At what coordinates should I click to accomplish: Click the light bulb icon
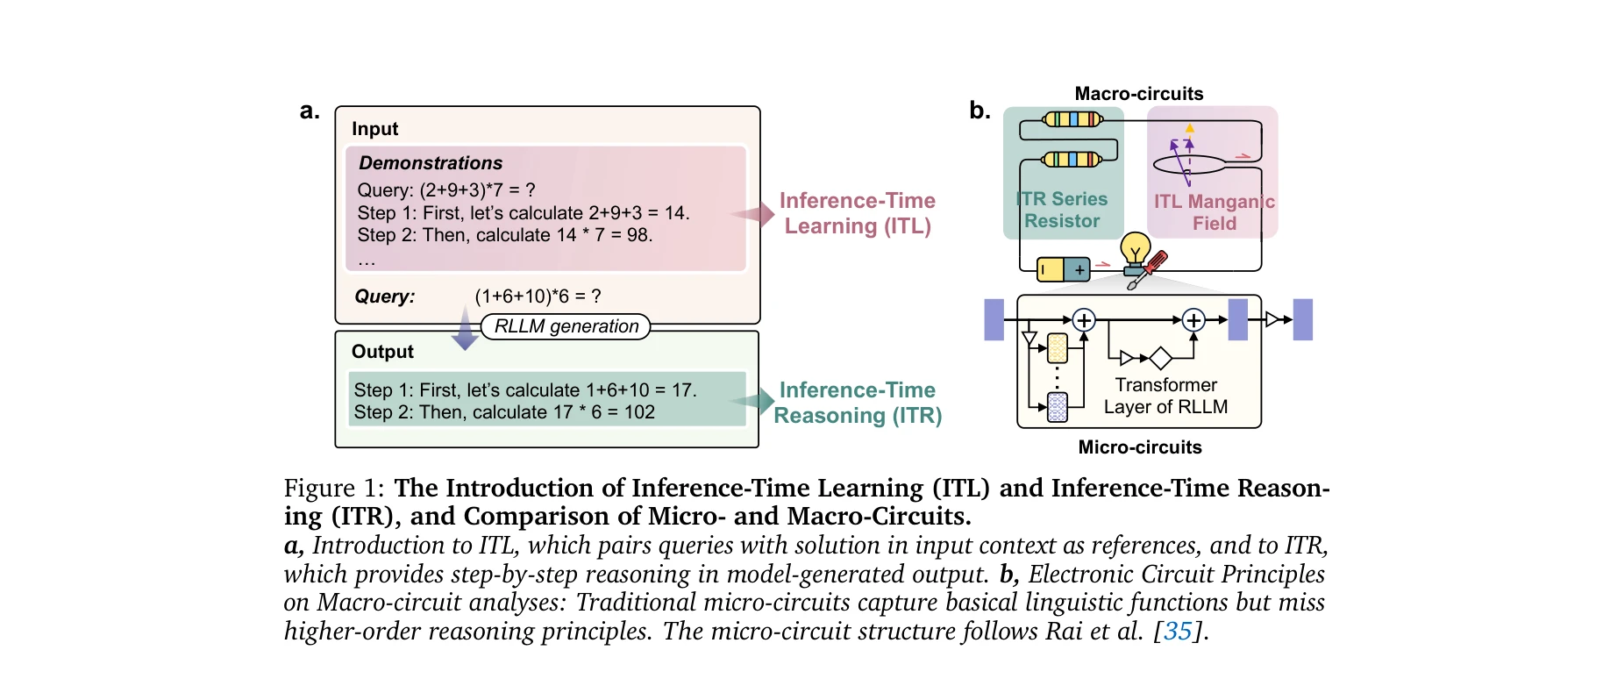[x=1136, y=249]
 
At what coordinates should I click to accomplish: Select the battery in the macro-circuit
[x=1064, y=269]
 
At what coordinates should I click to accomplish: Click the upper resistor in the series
[x=1072, y=119]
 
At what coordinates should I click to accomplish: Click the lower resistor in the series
[x=1072, y=160]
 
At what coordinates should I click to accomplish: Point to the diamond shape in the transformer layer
[x=1161, y=358]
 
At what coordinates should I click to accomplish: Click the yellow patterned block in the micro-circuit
[x=1058, y=348]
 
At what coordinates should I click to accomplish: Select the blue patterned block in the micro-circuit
[x=1058, y=407]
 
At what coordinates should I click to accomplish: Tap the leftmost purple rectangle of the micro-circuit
[x=994, y=319]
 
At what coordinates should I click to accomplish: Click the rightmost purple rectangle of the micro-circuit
[x=1303, y=319]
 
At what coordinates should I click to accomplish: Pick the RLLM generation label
[x=566, y=326]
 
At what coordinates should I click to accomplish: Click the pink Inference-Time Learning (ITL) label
[x=858, y=213]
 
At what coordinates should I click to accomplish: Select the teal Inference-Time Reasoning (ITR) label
[x=858, y=403]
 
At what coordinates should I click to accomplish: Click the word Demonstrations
[x=431, y=163]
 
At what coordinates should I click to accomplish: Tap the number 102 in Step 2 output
[x=639, y=412]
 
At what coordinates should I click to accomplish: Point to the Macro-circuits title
[x=1139, y=94]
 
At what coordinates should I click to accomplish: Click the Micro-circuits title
[x=1140, y=447]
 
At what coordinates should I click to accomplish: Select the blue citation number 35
[x=1178, y=632]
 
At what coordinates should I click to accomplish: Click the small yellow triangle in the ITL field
[x=1190, y=128]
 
